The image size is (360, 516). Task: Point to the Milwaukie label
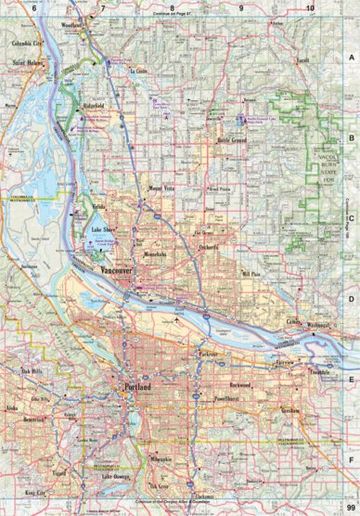click(x=161, y=458)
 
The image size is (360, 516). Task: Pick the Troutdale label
click(x=321, y=371)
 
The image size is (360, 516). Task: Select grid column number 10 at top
click(x=309, y=8)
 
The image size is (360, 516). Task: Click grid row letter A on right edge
click(x=351, y=58)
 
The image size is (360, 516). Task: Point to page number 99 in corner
click(x=350, y=507)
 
